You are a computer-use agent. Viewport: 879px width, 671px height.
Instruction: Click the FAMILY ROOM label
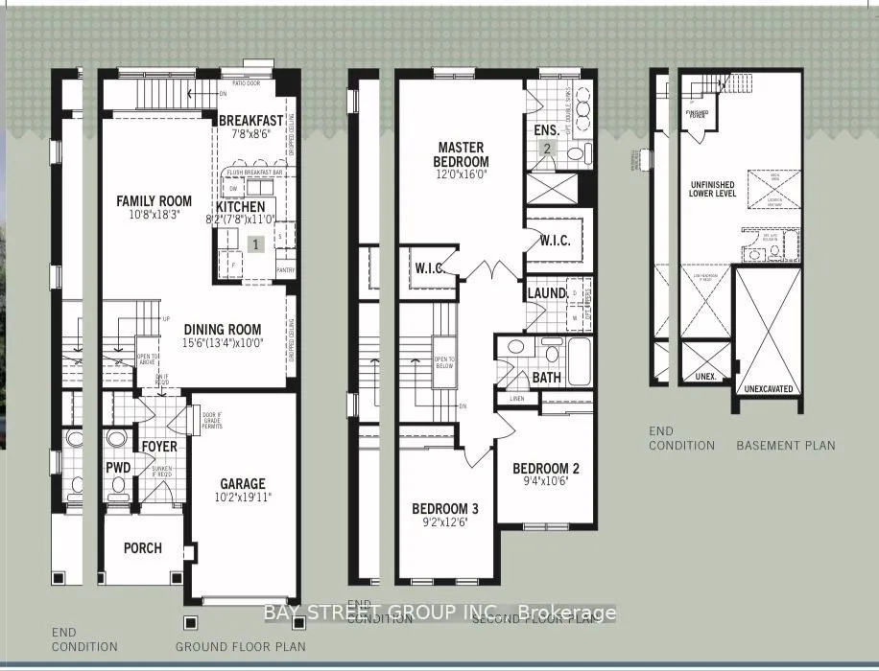(154, 201)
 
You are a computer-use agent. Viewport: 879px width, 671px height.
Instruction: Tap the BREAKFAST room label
(250, 120)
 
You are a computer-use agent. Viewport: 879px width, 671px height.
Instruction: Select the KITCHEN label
(240, 206)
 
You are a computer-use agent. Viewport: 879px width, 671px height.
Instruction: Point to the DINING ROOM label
(222, 330)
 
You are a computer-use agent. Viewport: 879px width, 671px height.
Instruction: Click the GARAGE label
(242, 484)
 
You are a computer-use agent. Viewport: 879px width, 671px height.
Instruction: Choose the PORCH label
(142, 548)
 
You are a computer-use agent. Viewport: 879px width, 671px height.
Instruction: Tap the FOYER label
(160, 446)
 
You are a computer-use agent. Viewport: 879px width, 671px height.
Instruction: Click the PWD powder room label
(118, 468)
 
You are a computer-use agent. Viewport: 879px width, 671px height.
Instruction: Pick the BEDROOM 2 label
(545, 469)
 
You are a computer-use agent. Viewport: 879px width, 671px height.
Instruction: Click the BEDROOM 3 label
(445, 508)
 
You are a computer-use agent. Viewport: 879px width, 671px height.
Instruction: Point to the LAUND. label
(546, 292)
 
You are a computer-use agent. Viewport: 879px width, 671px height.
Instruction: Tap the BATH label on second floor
(546, 378)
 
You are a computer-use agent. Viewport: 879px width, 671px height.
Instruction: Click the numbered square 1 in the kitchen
(255, 244)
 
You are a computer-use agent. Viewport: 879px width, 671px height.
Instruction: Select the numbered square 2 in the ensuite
(547, 148)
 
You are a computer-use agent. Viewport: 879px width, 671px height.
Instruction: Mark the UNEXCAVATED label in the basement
(768, 390)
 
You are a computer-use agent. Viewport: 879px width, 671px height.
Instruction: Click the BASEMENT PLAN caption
(785, 445)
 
